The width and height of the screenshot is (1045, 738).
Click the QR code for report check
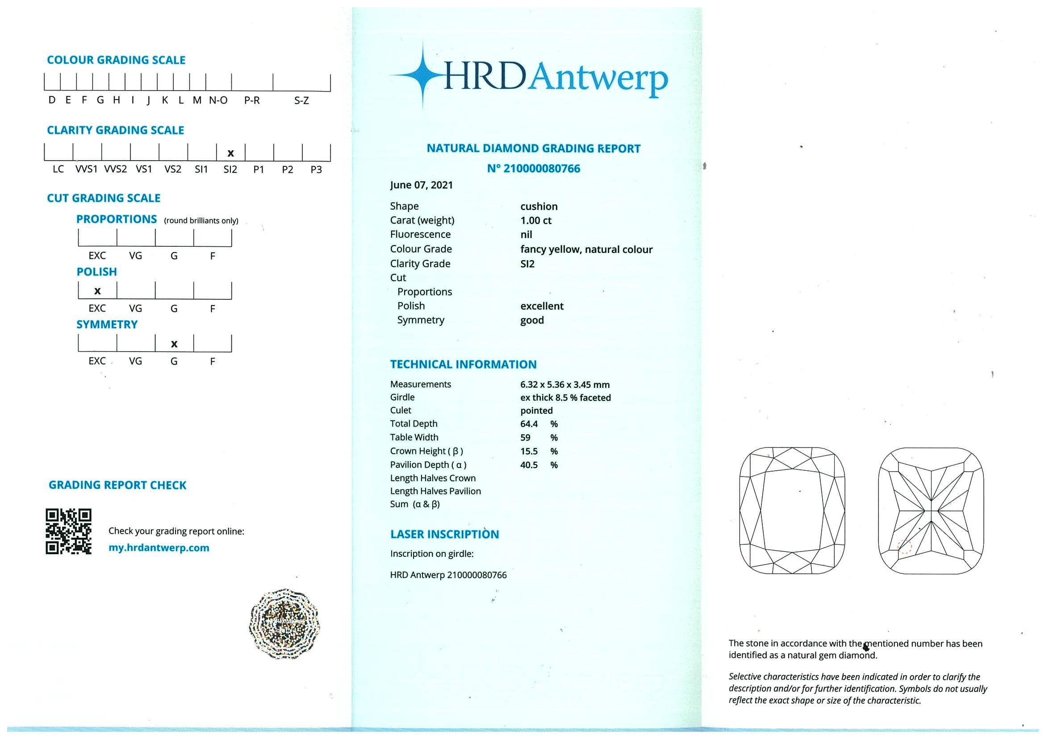[x=68, y=531]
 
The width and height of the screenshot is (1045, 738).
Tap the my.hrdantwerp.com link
[x=159, y=547]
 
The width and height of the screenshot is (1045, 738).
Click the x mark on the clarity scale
[x=230, y=153]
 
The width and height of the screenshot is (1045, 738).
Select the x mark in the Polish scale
[x=97, y=290]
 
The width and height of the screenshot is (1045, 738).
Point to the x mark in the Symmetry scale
[x=174, y=344]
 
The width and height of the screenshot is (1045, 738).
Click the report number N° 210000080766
[x=533, y=169]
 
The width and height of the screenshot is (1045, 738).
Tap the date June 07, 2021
[x=421, y=185]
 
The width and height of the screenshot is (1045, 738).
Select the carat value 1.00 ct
[x=536, y=220]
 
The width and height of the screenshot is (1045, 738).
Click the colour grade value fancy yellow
[x=586, y=249]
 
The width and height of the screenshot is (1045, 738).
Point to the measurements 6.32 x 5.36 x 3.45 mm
[x=564, y=385]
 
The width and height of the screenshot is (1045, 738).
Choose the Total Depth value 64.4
[x=529, y=424]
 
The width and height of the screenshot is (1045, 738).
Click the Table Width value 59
[x=525, y=437]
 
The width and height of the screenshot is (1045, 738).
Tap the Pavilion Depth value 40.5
[x=529, y=465]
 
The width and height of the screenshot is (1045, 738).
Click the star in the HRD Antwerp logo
[x=423, y=76]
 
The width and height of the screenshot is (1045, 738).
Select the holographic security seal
[x=284, y=623]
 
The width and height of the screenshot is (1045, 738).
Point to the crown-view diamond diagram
[x=792, y=510]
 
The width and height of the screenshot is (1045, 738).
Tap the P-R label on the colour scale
[x=252, y=100]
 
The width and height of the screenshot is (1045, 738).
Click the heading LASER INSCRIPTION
[x=444, y=534]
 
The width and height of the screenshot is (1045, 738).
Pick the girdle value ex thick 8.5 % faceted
[x=565, y=398]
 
